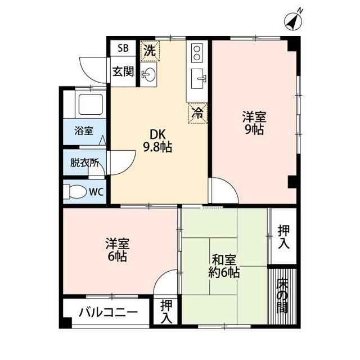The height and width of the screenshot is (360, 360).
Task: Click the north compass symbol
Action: coord(294,21)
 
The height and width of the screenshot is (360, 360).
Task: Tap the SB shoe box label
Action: coord(123,48)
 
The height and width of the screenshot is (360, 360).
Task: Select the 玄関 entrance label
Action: coord(123,71)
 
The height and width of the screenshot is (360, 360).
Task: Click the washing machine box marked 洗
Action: coord(150,51)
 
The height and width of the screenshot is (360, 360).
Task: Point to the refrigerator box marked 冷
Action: coord(197,114)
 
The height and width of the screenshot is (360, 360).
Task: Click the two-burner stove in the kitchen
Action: coord(197,53)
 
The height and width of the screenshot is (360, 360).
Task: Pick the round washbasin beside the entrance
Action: coord(148,74)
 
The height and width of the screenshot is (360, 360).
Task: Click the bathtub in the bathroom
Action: coord(91,104)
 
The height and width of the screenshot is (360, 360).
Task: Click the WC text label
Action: coord(96,192)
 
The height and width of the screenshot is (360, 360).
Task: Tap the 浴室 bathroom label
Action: coord(84,131)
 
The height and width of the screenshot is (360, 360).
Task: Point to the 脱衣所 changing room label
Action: coord(85,163)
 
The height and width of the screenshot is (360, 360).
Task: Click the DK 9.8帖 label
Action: coord(157,141)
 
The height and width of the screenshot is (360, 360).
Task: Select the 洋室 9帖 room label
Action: coord(254,123)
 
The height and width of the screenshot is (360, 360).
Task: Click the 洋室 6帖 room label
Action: coord(118,250)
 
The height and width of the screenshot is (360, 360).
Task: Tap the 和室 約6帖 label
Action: coord(224,266)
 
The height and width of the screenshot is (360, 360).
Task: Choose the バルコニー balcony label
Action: coord(108,313)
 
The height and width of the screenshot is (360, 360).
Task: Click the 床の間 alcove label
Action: coord(282,296)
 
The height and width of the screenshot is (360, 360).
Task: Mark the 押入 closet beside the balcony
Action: coord(166,312)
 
